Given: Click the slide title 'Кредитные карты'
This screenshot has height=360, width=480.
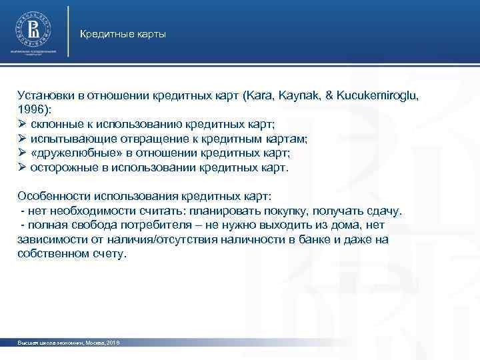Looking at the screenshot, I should [x=123, y=33].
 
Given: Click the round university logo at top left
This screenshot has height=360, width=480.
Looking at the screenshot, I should [x=32, y=28].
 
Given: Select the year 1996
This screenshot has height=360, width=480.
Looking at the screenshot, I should [x=33, y=109].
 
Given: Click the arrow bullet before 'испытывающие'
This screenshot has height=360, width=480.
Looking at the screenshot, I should [x=22, y=139].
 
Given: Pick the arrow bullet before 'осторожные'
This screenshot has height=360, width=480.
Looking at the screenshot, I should [x=22, y=168].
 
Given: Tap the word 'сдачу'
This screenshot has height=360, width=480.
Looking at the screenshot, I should [x=385, y=211].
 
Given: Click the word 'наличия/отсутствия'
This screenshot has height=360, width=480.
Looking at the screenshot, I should [x=154, y=240].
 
